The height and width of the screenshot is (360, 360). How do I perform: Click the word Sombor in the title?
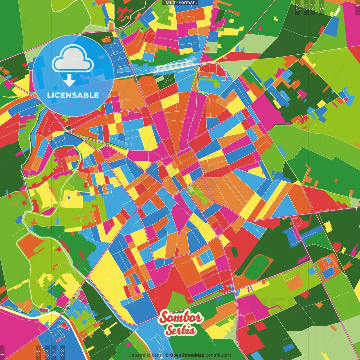pos(181,318)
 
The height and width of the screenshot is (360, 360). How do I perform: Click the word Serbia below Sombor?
pos(181,330)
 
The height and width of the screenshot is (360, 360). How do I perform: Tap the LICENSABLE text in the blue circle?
pos(73,95)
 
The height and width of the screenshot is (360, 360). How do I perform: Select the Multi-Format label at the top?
pos(180,3)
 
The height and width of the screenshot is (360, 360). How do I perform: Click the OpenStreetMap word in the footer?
pos(187,355)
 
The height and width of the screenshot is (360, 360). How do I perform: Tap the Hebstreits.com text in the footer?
pos(145,355)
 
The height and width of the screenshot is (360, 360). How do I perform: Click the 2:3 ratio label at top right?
pos(298,7)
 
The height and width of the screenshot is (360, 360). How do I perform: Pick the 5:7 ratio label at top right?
pos(306,7)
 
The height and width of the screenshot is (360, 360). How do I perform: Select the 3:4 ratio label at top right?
pos(312,7)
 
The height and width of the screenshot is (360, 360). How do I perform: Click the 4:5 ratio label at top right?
pos(322,7)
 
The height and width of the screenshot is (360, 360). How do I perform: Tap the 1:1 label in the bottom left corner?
pos(2,352)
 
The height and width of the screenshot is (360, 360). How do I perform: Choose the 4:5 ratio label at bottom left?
pos(38,352)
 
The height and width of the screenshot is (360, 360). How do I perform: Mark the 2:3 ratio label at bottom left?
pos(62,352)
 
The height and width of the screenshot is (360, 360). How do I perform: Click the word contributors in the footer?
pos(218,355)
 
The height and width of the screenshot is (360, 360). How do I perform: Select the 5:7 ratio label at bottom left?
pos(54,352)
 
